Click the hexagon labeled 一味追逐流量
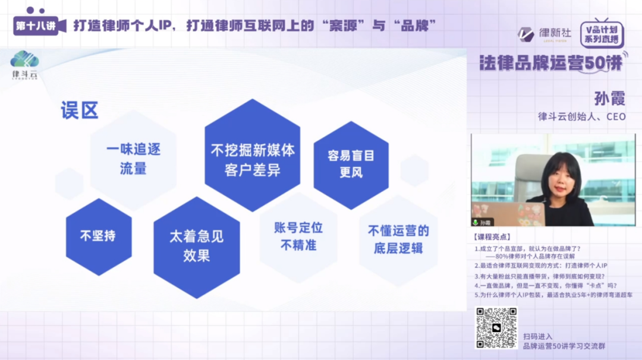point(133,159)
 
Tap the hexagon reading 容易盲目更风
point(351,164)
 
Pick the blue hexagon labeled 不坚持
point(98,236)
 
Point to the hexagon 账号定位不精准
point(298,236)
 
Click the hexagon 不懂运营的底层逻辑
point(398,239)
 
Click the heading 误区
point(79,110)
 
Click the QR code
point(496,327)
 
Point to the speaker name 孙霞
point(609,97)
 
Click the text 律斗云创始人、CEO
point(581,116)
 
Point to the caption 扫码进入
point(537,336)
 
